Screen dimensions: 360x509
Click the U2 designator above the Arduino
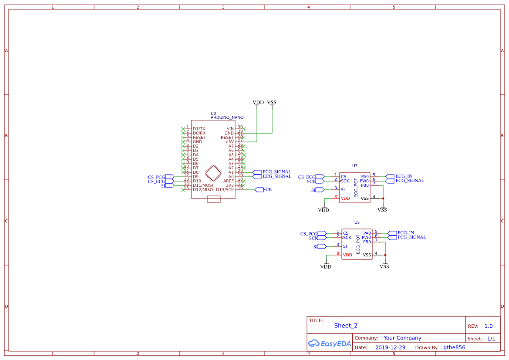(x=213, y=113)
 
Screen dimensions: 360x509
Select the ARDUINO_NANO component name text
(x=227, y=118)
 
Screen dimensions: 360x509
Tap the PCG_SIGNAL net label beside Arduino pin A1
(x=276, y=172)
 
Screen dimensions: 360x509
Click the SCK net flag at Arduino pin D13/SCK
(x=267, y=190)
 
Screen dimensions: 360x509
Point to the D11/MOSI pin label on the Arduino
(x=202, y=185)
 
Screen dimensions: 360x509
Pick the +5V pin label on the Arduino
(x=229, y=142)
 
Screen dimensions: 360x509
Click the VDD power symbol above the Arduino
(x=258, y=103)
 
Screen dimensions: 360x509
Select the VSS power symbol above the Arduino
(x=272, y=103)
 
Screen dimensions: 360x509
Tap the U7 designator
(x=354, y=166)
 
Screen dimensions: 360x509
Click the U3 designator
(x=357, y=222)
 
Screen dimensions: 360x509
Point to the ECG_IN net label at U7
(x=403, y=176)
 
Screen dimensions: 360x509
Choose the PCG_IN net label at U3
(x=405, y=233)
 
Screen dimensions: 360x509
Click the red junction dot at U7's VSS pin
(x=383, y=199)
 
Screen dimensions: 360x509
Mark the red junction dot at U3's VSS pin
(x=385, y=255)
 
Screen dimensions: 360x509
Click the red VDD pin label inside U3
(x=347, y=255)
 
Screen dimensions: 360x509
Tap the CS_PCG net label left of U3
(x=309, y=234)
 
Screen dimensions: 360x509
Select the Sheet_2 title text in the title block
(x=346, y=326)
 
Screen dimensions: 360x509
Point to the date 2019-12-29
(x=390, y=348)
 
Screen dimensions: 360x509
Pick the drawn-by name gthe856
(x=454, y=348)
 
